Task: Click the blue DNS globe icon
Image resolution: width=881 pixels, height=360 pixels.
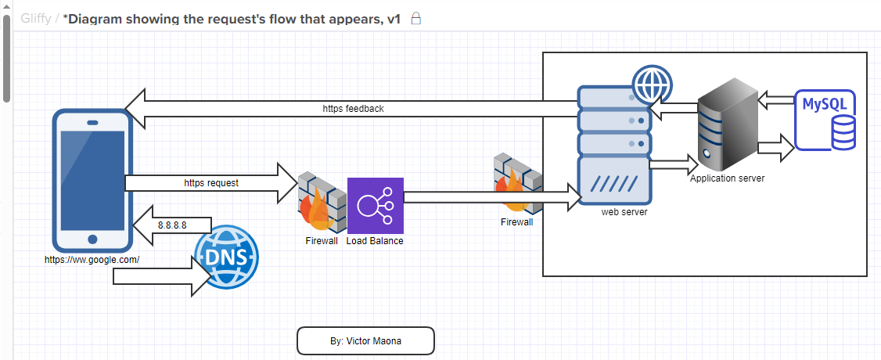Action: point(227,258)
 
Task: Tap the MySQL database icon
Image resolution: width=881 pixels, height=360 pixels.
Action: point(825,121)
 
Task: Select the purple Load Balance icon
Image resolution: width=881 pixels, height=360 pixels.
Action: point(376,206)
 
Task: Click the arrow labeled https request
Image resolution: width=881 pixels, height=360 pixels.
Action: point(211,183)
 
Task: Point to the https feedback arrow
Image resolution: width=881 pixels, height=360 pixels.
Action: point(352,109)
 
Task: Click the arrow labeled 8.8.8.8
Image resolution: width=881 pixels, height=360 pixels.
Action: point(172,225)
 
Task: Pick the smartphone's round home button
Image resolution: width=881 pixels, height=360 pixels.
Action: point(92,239)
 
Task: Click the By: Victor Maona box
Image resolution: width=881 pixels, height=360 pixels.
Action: point(365,341)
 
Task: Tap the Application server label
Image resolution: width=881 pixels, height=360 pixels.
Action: point(727,178)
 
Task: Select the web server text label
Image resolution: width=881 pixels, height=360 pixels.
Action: point(624,212)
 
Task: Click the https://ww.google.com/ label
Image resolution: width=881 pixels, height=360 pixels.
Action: point(92,260)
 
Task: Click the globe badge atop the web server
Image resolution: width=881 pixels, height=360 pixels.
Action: point(652,85)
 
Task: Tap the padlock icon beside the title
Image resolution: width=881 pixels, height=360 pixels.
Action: point(415,19)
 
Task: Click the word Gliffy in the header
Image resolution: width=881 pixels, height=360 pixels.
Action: point(36,19)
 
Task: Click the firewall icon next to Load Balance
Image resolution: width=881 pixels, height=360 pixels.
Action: point(322,202)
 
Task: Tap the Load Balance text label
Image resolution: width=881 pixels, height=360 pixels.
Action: point(375,241)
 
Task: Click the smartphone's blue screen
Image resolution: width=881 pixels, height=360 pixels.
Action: point(92,181)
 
